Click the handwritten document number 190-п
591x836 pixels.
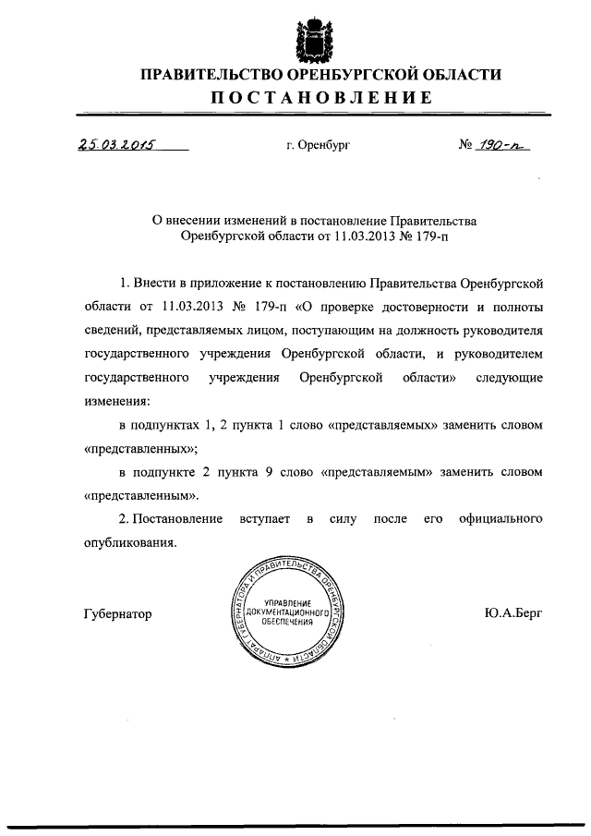pyautogui.click(x=508, y=144)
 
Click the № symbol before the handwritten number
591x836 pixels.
pyautogui.click(x=466, y=145)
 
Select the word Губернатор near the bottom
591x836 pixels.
pyautogui.click(x=117, y=613)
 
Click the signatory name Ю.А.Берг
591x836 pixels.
pyautogui.click(x=513, y=612)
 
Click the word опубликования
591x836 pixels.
pyautogui.click(x=130, y=543)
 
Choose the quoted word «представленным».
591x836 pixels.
pyautogui.click(x=141, y=496)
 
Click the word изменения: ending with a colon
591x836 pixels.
pyautogui.click(x=115, y=402)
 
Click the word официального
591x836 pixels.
pyautogui.click(x=499, y=520)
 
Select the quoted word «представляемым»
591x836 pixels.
pyautogui.click(x=379, y=472)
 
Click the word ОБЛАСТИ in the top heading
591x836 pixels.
pyautogui.click(x=459, y=73)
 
